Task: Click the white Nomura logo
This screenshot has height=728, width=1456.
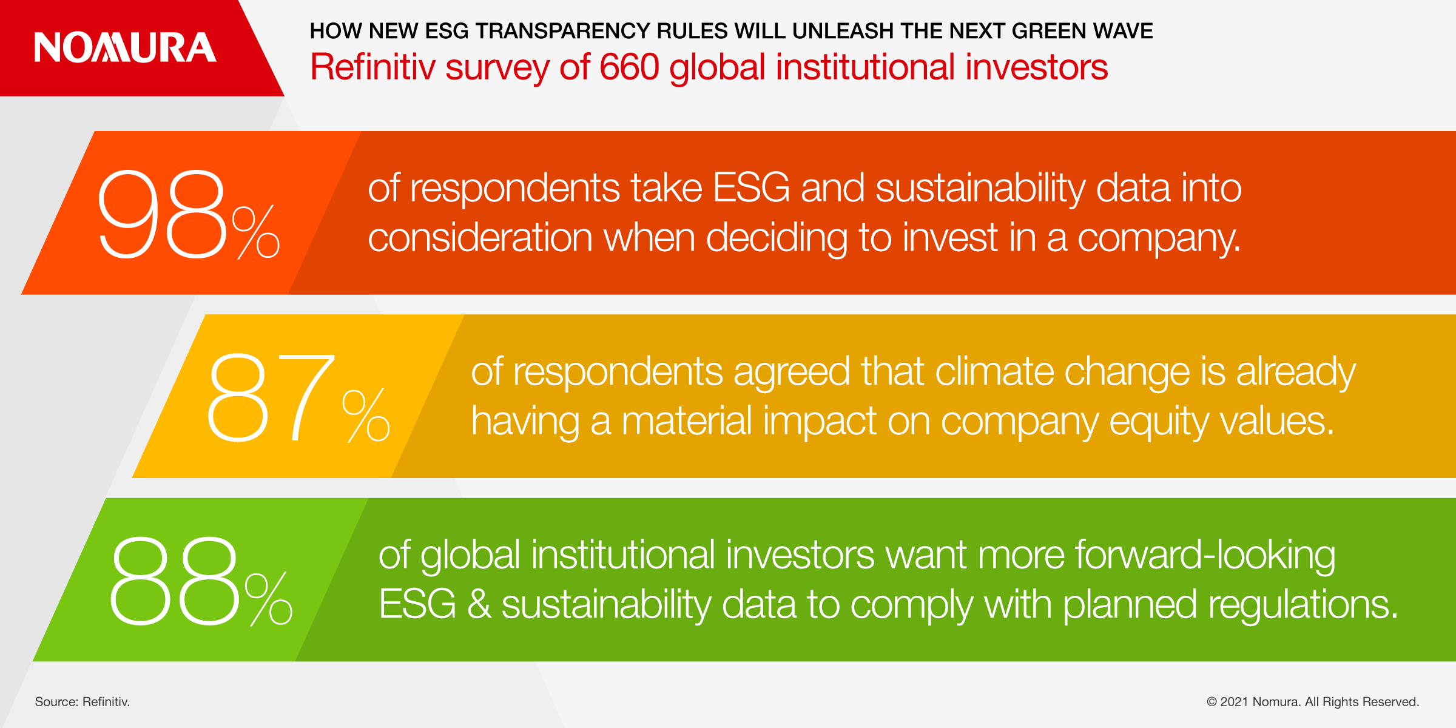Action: pyautogui.click(x=125, y=47)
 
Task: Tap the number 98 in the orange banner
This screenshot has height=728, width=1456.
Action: pyautogui.click(x=161, y=214)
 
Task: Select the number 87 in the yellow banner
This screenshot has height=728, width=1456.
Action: pyautogui.click(x=271, y=397)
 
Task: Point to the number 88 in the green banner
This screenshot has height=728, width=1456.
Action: pyautogui.click(x=174, y=581)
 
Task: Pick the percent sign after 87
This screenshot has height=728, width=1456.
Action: pyautogui.click(x=366, y=416)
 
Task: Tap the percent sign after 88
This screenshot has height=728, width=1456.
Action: pyautogui.click(x=269, y=599)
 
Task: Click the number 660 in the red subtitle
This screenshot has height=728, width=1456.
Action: pyautogui.click(x=629, y=67)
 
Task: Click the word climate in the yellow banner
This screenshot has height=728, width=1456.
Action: pyautogui.click(x=995, y=371)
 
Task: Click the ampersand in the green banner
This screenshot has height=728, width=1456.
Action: pyautogui.click(x=479, y=605)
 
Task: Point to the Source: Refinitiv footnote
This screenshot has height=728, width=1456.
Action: pyautogui.click(x=83, y=702)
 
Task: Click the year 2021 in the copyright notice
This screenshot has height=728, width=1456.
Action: pyautogui.click(x=1235, y=702)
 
